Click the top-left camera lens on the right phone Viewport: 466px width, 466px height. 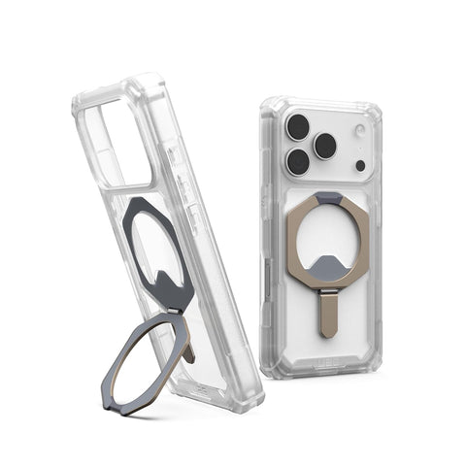pyautogui.click(x=298, y=124)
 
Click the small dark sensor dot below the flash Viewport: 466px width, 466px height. pyautogui.click(x=360, y=165)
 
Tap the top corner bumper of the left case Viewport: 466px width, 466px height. pyautogui.click(x=146, y=82)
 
